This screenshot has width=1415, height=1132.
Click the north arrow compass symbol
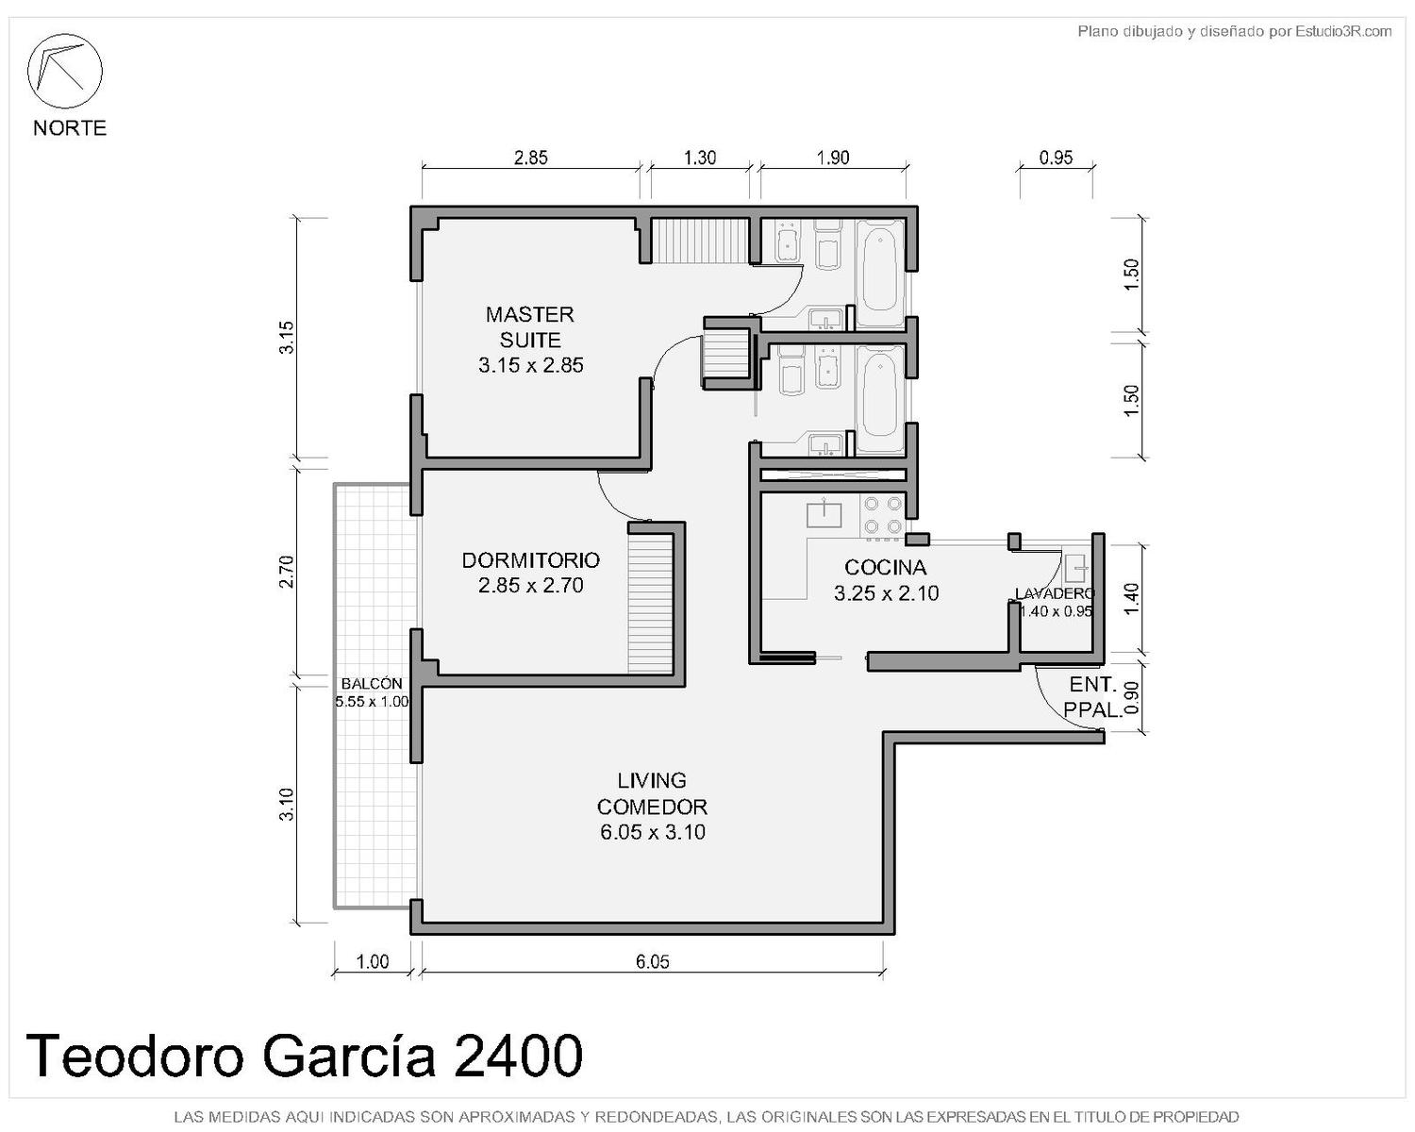(x=64, y=71)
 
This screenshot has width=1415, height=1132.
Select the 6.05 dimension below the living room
(x=652, y=962)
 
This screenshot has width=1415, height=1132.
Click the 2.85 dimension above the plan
(x=530, y=158)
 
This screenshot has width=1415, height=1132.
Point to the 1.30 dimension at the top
(x=699, y=158)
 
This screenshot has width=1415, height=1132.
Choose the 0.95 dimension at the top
(x=1056, y=158)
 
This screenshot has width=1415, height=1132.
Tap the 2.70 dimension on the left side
(x=286, y=572)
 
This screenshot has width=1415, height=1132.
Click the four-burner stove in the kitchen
(x=882, y=515)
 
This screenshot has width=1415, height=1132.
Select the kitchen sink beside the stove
(x=824, y=513)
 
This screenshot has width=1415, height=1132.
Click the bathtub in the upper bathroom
(x=879, y=273)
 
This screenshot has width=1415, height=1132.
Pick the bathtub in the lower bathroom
(x=879, y=399)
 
